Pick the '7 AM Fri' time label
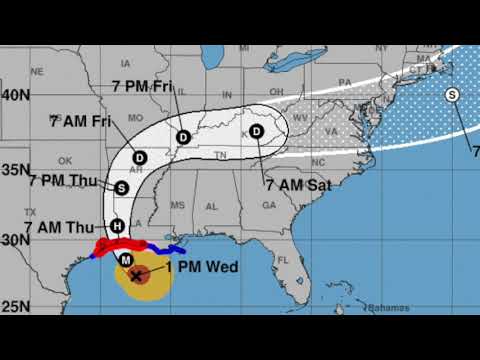[79, 121]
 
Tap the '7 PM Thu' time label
[60, 181]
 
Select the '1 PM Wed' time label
[197, 268]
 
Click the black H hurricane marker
[118, 226]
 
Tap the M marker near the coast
[126, 260]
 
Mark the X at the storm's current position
[137, 274]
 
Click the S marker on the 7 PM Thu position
[122, 187]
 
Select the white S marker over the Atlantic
[452, 95]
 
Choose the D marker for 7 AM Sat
[257, 131]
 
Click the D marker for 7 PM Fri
[182, 137]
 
